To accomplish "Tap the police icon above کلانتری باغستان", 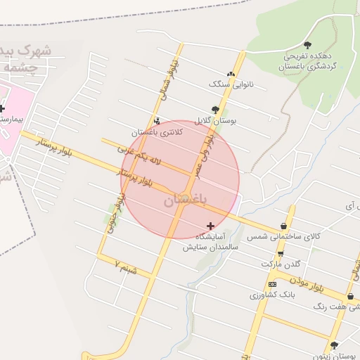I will pos(156,120).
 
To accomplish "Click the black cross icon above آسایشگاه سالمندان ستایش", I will pos(210,226).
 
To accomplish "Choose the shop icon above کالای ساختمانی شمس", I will pos(283,226).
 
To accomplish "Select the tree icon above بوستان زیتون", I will pos(333,345).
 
